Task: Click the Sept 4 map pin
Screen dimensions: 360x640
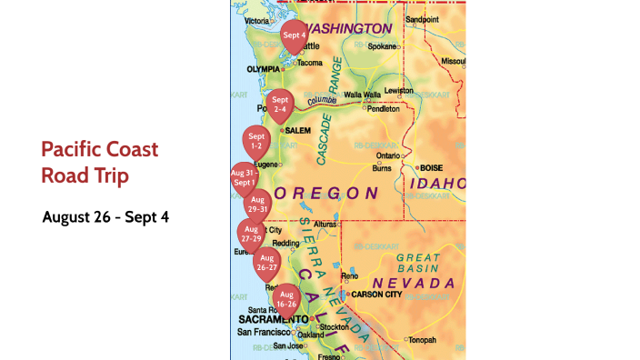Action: point(294,36)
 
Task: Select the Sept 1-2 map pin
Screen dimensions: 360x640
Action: point(255,142)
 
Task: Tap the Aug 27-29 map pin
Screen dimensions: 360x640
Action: point(252,234)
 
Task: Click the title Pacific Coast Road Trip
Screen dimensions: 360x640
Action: point(100,162)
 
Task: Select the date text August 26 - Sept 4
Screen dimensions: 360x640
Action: point(105,217)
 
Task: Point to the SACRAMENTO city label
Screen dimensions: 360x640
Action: point(273,319)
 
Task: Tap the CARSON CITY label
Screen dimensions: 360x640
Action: point(375,295)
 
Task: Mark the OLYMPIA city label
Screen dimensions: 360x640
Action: point(263,69)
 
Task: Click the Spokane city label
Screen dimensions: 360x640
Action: point(382,46)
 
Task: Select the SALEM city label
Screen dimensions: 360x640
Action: point(298,130)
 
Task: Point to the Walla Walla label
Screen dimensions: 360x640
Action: point(360,95)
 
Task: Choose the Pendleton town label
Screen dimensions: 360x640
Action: point(383,108)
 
